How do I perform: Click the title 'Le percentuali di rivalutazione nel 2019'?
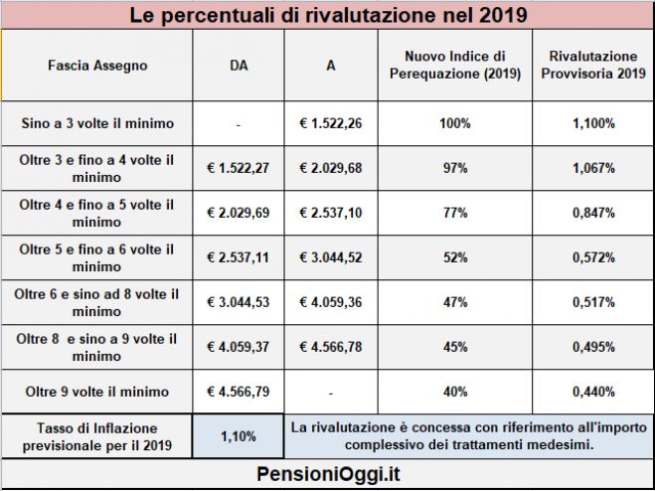(x=327, y=16)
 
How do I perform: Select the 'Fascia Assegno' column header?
(x=97, y=66)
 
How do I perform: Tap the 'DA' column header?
(x=238, y=66)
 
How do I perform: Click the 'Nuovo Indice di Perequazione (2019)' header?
(x=456, y=66)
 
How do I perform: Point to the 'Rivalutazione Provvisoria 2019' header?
(x=593, y=66)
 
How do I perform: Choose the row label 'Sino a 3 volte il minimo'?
(x=97, y=124)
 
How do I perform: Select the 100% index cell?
(x=456, y=124)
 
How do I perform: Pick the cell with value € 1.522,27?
(x=238, y=168)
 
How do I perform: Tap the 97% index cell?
(x=456, y=168)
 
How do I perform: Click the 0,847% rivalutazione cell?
(x=593, y=213)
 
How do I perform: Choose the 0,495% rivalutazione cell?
(x=593, y=347)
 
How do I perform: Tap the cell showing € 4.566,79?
(x=238, y=391)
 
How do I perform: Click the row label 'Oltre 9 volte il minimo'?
(x=97, y=391)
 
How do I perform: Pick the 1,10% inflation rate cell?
(x=238, y=435)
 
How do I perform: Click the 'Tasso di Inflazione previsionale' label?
(x=97, y=435)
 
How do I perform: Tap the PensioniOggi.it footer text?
(x=327, y=473)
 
